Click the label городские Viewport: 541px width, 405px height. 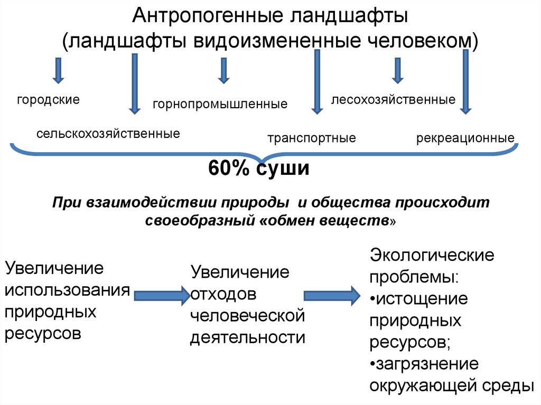pos(48,99)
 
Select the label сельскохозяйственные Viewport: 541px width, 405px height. pos(108,133)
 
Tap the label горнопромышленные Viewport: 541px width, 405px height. pos(220,104)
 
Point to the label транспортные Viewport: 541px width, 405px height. pos(312,138)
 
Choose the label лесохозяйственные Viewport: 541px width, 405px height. pos(393,100)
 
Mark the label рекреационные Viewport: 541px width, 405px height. pos(465,138)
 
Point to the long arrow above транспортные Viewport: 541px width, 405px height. pos(317,82)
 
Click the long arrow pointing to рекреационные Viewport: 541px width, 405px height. pos(465,82)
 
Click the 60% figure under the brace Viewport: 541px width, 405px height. pos(229,169)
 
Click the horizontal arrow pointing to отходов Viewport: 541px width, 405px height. pos(161,295)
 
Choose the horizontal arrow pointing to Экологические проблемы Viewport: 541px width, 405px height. pos(331,295)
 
